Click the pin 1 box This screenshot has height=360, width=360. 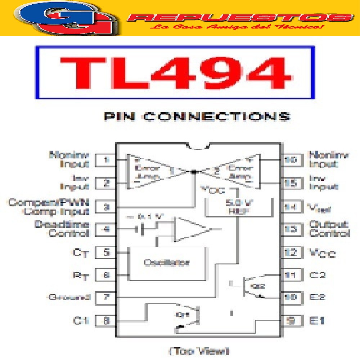[x=106, y=160]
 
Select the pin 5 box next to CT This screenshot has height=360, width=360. [x=106, y=252]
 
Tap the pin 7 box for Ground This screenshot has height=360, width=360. [x=106, y=298]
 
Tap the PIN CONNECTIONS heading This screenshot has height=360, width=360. [x=197, y=117]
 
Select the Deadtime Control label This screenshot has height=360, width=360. [x=62, y=229]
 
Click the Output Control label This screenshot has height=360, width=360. [x=329, y=229]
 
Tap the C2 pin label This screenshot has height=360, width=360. [x=318, y=275]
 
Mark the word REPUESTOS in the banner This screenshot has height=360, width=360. [x=240, y=17]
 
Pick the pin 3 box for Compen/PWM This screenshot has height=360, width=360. [x=106, y=207]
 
